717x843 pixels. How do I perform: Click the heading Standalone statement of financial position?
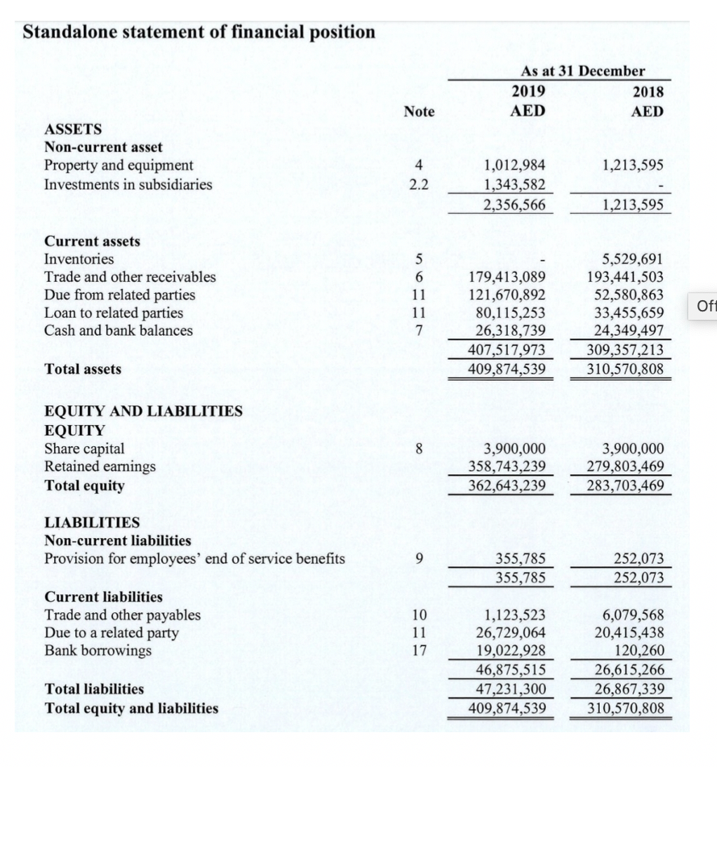click(x=199, y=32)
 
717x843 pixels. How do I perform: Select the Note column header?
click(x=419, y=112)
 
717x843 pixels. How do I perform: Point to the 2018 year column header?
click(x=648, y=92)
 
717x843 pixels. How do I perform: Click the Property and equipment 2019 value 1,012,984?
click(x=515, y=166)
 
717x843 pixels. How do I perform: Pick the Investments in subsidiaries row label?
click(x=128, y=184)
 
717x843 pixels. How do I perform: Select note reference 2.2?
click(x=419, y=185)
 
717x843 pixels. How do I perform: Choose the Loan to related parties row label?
click(x=114, y=313)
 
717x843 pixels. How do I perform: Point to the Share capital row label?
click(x=84, y=448)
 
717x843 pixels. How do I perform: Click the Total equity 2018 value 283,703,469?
click(x=626, y=485)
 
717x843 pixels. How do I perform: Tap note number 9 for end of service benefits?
click(x=419, y=559)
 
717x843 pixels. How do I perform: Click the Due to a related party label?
click(x=111, y=633)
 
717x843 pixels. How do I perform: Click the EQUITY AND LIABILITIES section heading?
click(x=143, y=412)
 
